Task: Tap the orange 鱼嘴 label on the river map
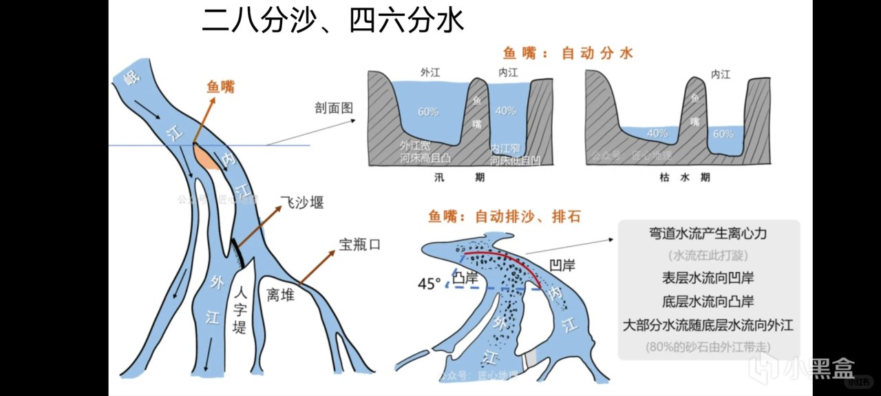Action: (221, 87)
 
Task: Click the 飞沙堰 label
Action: (302, 202)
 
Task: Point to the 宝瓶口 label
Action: (359, 244)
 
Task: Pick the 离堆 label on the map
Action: (280, 295)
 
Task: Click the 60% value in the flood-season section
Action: (427, 111)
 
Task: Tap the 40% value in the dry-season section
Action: (657, 134)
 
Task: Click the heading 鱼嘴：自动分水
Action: (568, 52)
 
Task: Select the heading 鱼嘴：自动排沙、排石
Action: (505, 216)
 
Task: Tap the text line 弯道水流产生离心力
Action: (708, 233)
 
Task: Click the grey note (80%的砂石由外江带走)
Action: (708, 347)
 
